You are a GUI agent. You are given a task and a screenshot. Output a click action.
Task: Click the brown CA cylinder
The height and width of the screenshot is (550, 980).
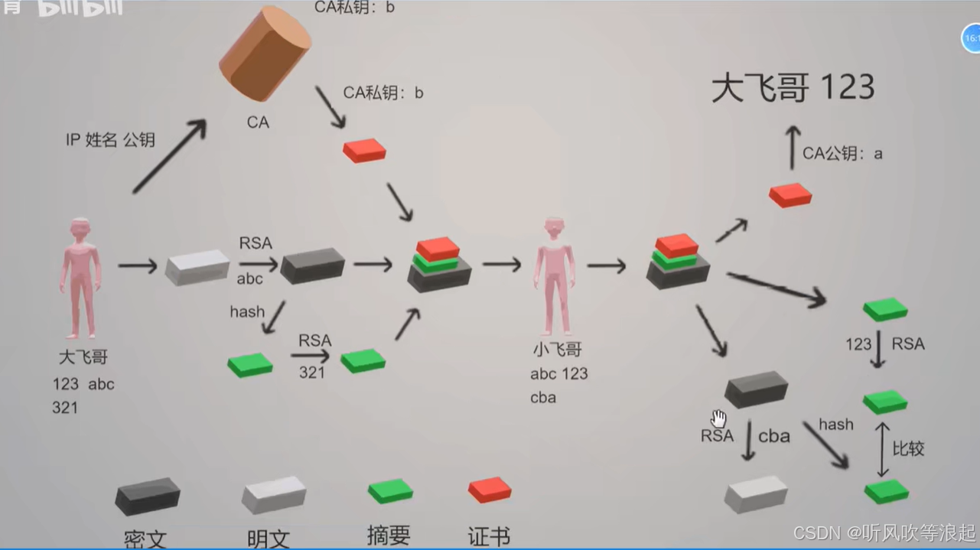click(x=265, y=54)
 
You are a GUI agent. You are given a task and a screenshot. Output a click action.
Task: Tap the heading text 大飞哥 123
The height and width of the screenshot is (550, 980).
click(x=793, y=88)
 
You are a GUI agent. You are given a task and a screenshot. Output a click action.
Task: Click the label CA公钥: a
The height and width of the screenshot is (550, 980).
click(x=842, y=154)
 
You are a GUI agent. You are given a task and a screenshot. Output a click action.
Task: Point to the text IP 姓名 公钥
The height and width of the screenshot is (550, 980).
click(x=110, y=140)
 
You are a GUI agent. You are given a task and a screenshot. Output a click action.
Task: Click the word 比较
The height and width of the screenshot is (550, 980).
click(x=908, y=449)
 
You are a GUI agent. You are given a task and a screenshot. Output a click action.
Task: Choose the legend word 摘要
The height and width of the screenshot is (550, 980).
click(x=389, y=535)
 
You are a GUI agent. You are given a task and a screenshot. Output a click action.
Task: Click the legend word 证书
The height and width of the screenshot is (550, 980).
click(x=489, y=536)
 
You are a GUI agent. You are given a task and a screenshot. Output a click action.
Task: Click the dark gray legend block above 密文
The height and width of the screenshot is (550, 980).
click(x=148, y=496)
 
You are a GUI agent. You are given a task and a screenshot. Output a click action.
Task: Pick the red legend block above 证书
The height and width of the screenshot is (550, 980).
click(x=490, y=490)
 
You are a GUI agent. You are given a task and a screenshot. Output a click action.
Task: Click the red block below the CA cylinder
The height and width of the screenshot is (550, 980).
click(x=364, y=150)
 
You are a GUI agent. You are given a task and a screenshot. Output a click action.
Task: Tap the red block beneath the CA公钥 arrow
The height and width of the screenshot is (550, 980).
click(x=790, y=195)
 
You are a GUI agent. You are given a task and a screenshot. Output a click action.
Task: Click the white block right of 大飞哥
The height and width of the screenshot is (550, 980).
click(x=197, y=267)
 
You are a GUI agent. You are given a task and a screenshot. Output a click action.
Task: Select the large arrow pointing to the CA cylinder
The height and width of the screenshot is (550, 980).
click(x=170, y=156)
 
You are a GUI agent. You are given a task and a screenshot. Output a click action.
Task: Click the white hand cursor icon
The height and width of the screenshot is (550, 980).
click(x=718, y=418)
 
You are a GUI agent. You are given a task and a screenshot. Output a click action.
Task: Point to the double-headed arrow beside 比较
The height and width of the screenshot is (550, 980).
click(x=882, y=449)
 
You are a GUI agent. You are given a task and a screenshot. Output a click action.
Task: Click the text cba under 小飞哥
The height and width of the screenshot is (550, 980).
click(x=543, y=398)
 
